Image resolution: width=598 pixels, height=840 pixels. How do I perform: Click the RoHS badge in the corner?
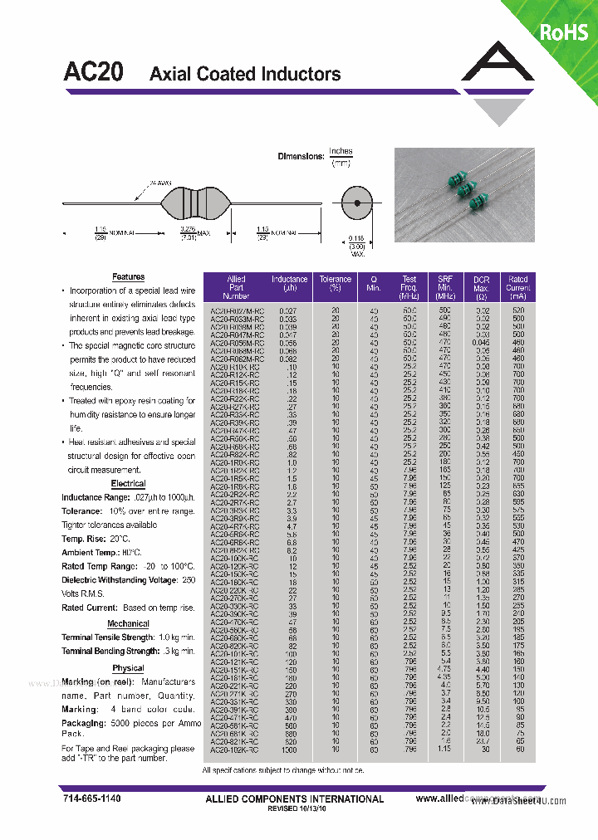pos(564,32)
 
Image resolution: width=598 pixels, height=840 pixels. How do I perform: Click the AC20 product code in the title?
pos(94,73)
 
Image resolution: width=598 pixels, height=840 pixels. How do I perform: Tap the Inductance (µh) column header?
pos(289,287)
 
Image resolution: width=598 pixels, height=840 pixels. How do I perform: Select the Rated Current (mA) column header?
pos(518,287)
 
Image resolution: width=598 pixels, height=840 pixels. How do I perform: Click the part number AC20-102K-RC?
pos(235,750)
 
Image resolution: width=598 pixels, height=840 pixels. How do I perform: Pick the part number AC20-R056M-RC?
pos(235,341)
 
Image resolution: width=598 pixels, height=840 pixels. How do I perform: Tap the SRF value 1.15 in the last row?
pos(445,750)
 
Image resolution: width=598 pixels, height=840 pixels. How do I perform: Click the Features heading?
pos(128,276)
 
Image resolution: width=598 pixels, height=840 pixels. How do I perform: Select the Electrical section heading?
pos(128,483)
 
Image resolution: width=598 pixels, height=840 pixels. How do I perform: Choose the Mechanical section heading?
pos(128,623)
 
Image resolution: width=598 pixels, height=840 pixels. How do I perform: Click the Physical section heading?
pos(128,667)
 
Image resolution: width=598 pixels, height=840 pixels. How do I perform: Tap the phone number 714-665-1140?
pos(91,798)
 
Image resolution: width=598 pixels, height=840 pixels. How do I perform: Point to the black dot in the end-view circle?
pos(356,203)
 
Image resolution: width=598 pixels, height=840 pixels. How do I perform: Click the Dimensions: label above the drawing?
pos(300,156)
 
